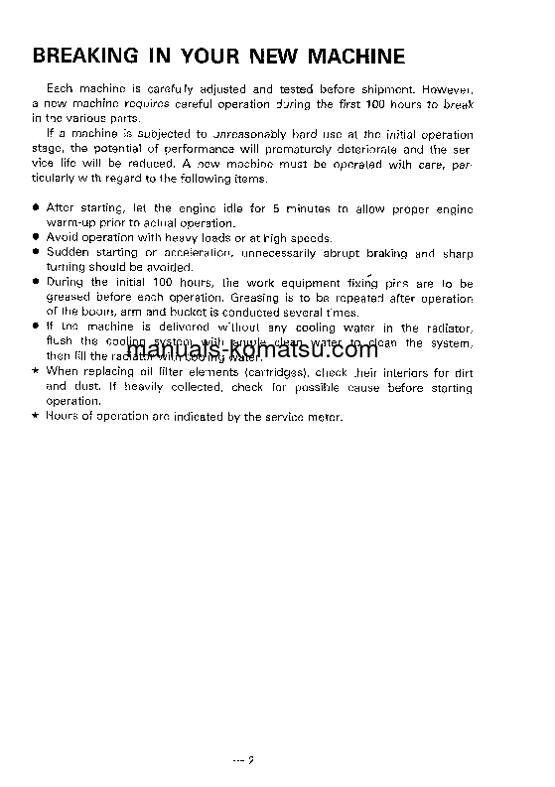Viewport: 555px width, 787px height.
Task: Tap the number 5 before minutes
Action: (x=275, y=209)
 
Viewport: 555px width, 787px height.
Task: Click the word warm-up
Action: (x=69, y=224)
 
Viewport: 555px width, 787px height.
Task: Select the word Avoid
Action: (x=63, y=238)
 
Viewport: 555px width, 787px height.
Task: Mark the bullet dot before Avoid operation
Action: (x=36, y=238)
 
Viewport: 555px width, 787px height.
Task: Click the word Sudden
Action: (x=67, y=253)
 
